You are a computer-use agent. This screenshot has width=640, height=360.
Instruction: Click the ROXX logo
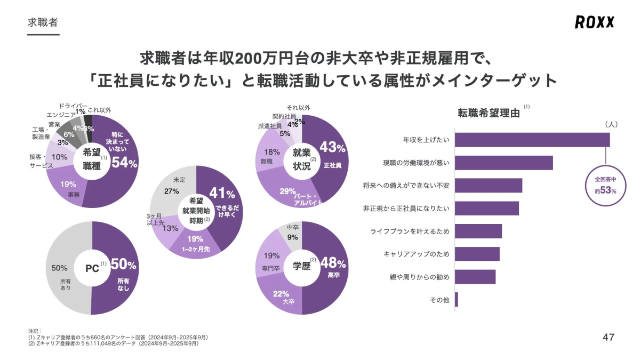pyautogui.click(x=595, y=22)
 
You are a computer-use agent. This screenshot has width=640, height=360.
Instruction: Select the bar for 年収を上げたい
pyautogui.click(x=532, y=140)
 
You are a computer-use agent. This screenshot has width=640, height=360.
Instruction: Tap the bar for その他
pyautogui.click(x=457, y=300)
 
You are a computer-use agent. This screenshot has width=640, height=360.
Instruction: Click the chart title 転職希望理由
pyautogui.click(x=489, y=113)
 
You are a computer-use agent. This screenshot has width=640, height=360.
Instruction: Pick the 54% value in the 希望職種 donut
pyautogui.click(x=124, y=164)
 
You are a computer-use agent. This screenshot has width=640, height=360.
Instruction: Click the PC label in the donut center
pyautogui.click(x=92, y=268)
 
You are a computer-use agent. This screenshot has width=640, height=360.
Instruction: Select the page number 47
pyautogui.click(x=608, y=337)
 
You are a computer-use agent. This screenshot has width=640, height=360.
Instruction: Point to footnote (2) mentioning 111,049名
pyautogui.click(x=113, y=343)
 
